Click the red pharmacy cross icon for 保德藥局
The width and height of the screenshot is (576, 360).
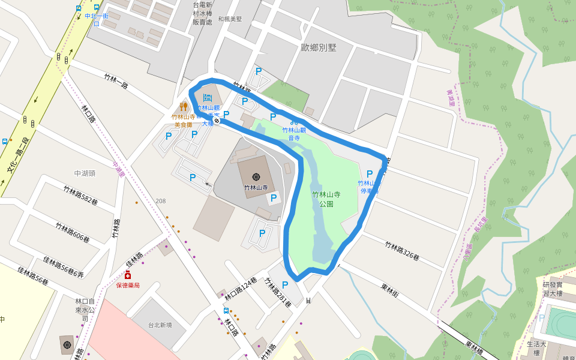pos(128,275)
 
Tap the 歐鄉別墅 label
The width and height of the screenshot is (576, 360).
pos(319,47)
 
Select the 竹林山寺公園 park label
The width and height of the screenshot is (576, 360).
pos(326,199)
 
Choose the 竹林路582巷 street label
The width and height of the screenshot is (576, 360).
pos(80,196)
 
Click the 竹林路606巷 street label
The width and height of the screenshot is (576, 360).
pos(73,233)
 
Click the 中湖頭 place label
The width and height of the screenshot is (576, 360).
pos(85,173)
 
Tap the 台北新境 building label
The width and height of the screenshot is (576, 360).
pos(160,325)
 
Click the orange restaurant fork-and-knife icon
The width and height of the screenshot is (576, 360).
pos(183,107)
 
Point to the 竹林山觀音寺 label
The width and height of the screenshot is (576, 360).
pos(294,133)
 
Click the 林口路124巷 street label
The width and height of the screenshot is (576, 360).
pos(241,289)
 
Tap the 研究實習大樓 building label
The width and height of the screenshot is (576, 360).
pos(553,289)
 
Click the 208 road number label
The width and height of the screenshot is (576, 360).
pos(160,201)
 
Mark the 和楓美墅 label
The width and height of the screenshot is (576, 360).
pos(230,19)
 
